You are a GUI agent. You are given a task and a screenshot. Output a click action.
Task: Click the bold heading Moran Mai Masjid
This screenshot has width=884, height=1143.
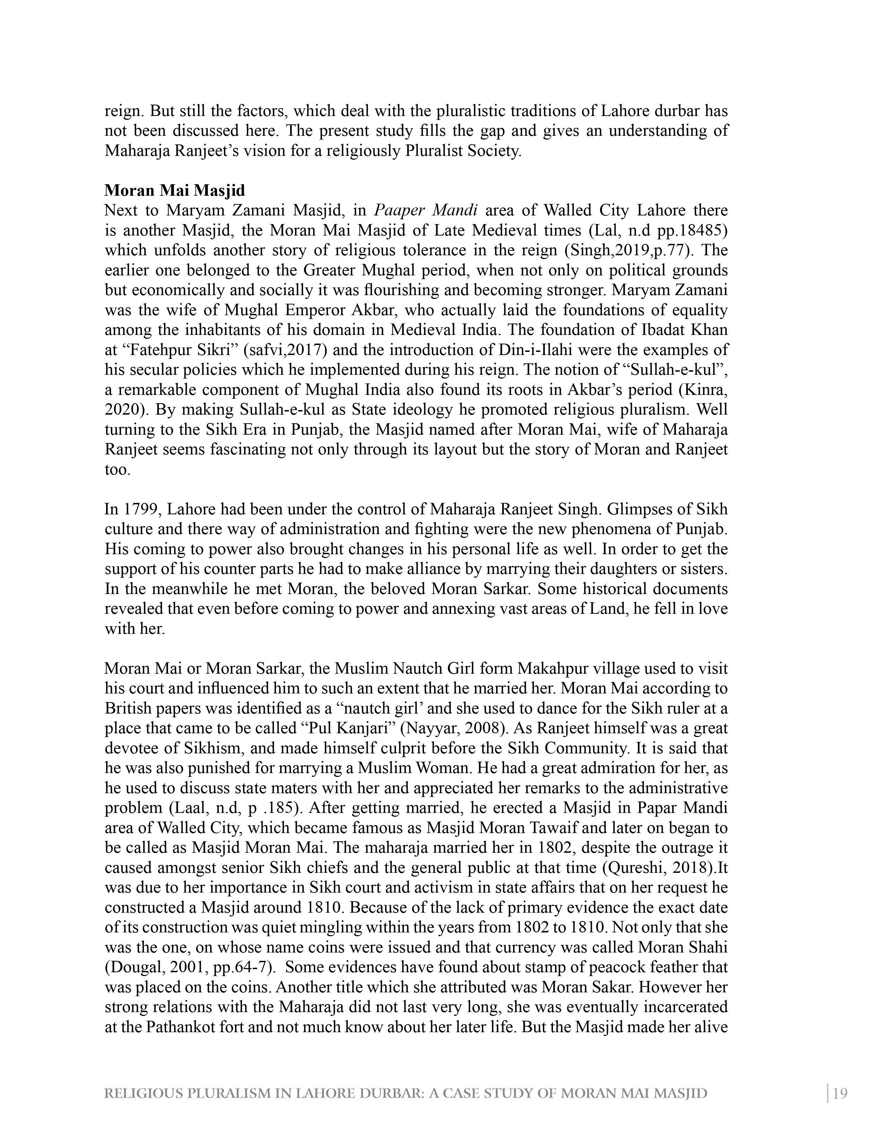174,190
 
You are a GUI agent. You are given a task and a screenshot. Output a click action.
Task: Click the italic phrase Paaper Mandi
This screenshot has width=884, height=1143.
425,210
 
